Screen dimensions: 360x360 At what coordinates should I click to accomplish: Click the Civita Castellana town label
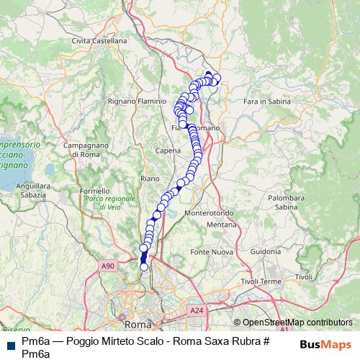tap(99, 41)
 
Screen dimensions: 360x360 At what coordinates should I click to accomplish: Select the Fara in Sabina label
tap(266, 102)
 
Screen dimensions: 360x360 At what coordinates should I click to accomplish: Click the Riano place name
tap(150, 178)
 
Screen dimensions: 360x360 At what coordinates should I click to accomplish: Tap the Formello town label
tap(96, 191)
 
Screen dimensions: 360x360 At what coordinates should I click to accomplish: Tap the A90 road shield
tap(107, 266)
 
